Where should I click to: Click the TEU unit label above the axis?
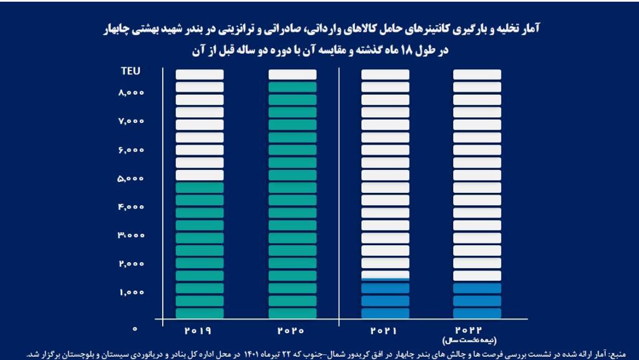[x=130, y=71]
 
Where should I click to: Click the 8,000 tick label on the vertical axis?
[x=131, y=93]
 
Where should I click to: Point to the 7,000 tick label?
[x=131, y=122]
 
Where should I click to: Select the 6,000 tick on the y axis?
[x=131, y=150]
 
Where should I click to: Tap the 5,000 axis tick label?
[x=131, y=179]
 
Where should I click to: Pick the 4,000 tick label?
[x=131, y=207]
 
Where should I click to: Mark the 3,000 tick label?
[x=131, y=236]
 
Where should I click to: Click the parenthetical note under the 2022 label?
[x=477, y=341]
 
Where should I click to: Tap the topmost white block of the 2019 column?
[x=199, y=74]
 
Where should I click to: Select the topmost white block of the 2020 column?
[x=292, y=74]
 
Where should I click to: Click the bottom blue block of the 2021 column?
[x=385, y=313]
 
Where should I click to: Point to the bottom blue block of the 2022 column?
[x=477, y=313]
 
